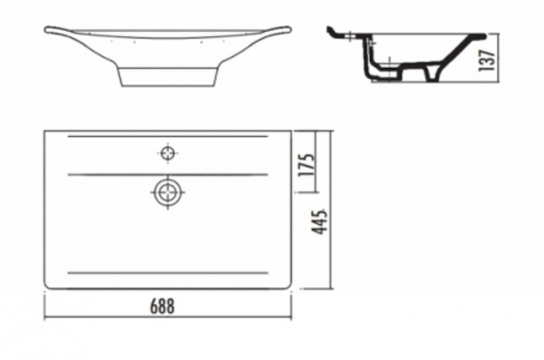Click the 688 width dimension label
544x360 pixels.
pos(162,306)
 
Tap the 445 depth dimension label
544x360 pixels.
pos(319,221)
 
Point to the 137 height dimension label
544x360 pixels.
pos(486,61)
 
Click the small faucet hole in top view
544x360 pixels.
pos(168,152)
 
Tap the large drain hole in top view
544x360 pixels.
pos(168,192)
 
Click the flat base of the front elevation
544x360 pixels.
pos(168,85)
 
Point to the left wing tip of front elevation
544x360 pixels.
pos(46,30)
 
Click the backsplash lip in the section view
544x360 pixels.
pos(331,32)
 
